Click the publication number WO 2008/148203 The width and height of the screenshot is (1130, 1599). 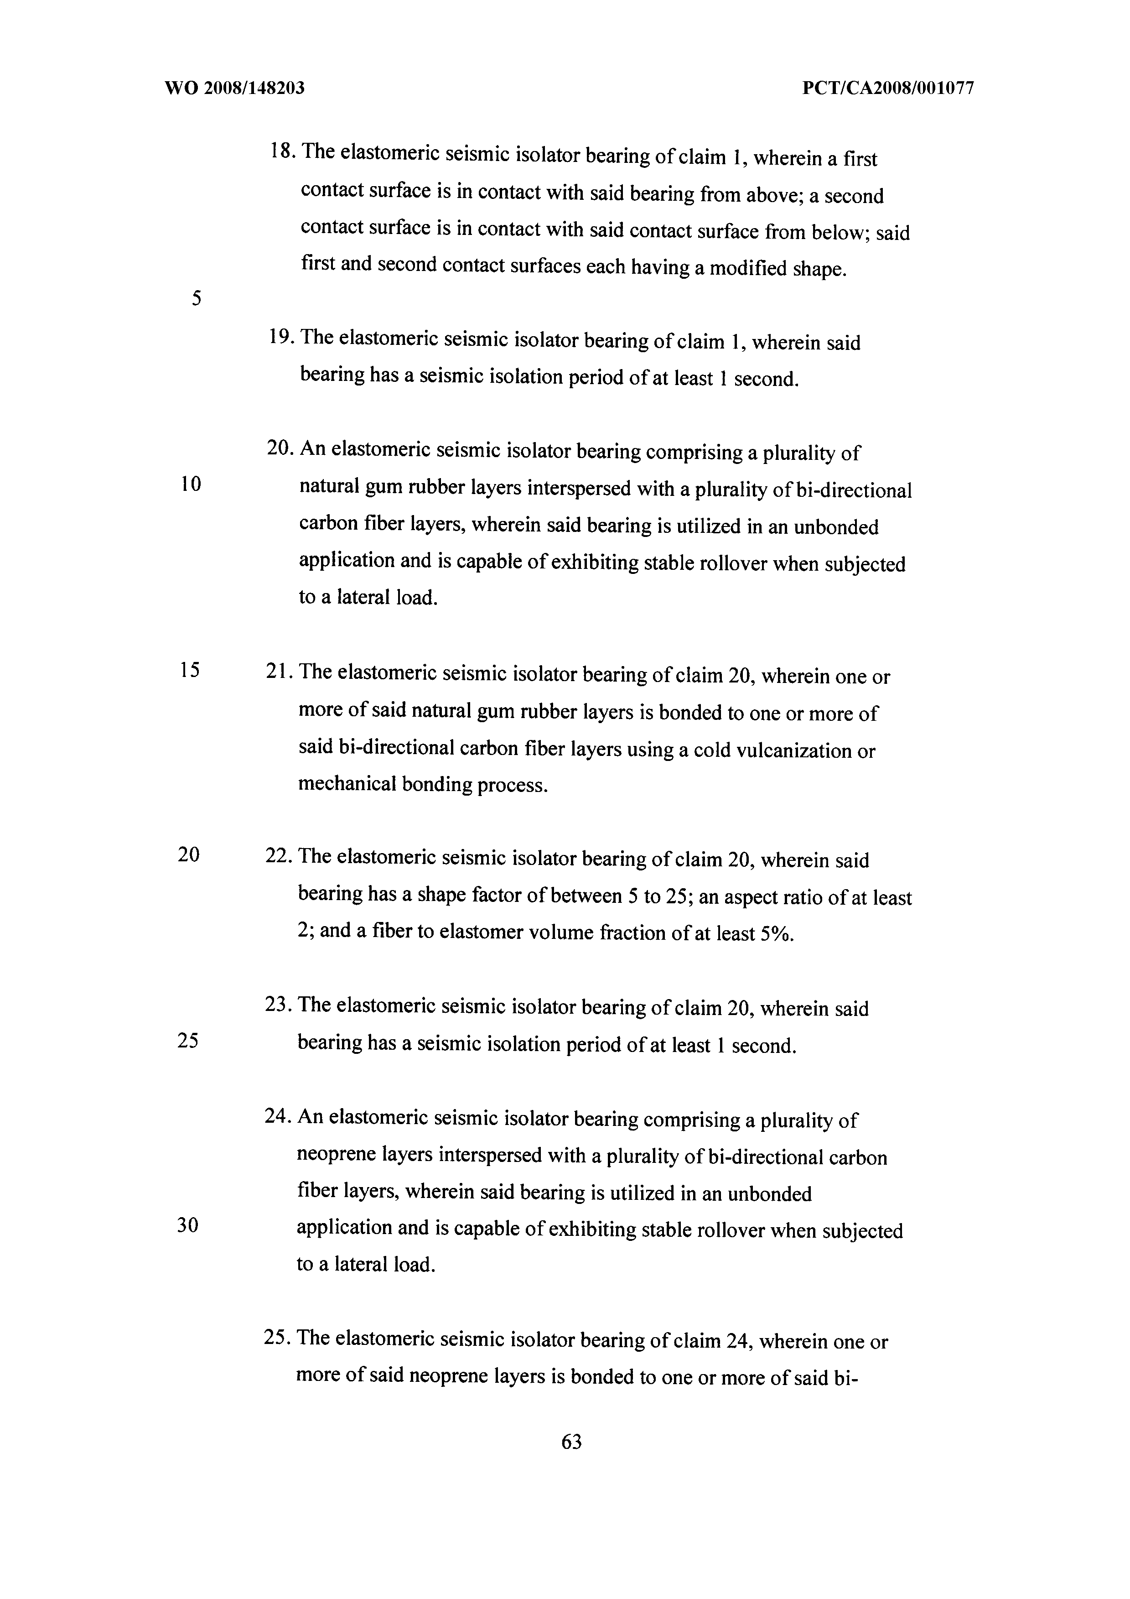[x=235, y=89]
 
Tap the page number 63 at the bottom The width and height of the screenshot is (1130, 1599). [x=571, y=1442]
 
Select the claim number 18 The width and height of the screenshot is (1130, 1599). [x=281, y=152]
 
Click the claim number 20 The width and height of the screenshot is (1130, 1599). [x=279, y=448]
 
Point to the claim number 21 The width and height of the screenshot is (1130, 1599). [x=279, y=672]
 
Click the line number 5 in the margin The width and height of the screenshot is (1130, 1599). [x=197, y=299]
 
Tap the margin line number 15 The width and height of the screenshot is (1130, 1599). [x=189, y=670]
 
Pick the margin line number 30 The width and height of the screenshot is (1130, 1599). [x=188, y=1225]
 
